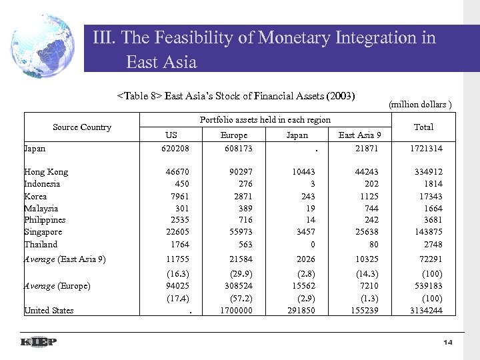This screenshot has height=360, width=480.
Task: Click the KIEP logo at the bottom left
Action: point(37,342)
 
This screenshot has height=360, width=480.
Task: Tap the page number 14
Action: point(447,342)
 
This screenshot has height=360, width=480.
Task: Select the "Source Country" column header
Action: point(82,127)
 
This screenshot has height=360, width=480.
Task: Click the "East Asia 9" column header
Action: point(360,135)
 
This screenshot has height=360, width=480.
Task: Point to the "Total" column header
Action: point(423,127)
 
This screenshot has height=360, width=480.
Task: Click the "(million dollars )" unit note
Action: point(420,104)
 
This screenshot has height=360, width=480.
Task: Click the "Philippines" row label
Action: point(45,220)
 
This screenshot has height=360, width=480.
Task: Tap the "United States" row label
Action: point(49,310)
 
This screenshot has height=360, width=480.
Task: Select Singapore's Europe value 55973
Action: point(239,232)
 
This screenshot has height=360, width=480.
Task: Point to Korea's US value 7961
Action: point(178,196)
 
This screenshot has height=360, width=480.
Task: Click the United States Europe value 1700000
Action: point(236,310)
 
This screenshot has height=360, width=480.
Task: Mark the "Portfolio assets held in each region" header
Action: point(265,119)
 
